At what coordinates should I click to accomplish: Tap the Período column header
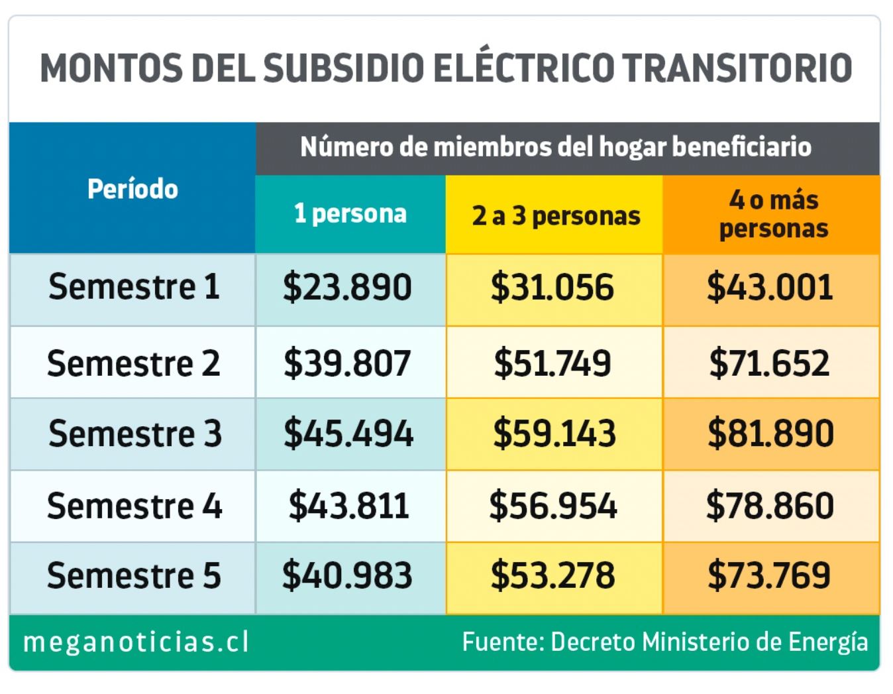(x=132, y=190)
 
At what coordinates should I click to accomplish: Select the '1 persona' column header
(x=350, y=214)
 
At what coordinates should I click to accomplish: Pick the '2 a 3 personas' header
(x=555, y=216)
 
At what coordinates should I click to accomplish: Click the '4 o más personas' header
(x=773, y=214)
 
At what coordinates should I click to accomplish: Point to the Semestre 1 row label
(x=133, y=288)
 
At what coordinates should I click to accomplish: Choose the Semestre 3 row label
(x=134, y=434)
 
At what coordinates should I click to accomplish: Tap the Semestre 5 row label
(x=133, y=575)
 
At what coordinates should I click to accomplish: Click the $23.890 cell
(x=348, y=288)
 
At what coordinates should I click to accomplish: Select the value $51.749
(x=552, y=363)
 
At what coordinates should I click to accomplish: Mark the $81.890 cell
(x=770, y=434)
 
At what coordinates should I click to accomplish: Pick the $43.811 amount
(x=348, y=506)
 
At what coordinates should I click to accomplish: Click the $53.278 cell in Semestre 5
(x=552, y=575)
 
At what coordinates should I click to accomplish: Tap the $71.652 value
(x=769, y=363)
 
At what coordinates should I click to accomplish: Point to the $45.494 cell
(x=348, y=434)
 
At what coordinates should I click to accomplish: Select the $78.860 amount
(x=769, y=506)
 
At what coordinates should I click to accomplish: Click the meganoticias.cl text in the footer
(x=136, y=642)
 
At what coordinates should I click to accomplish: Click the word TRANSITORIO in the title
(x=737, y=68)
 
